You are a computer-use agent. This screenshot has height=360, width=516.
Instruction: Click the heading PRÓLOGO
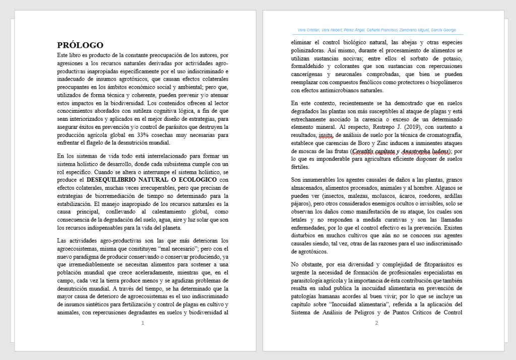pos(80,45)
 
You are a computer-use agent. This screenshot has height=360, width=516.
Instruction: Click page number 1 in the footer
pos(143,323)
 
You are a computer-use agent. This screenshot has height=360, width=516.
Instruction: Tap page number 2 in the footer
pos(376,323)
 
